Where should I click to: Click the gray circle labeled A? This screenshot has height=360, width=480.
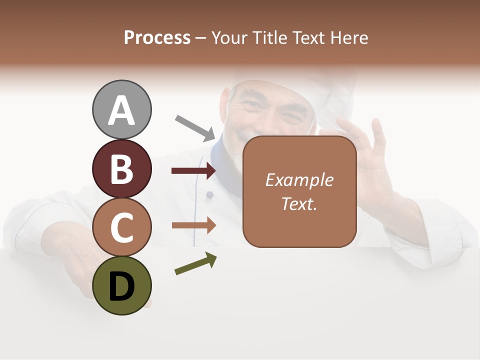click(x=121, y=109)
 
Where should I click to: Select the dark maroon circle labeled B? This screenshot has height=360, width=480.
click(x=121, y=168)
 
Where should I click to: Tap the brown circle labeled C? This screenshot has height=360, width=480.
click(x=121, y=227)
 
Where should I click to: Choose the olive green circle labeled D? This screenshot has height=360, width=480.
click(x=121, y=286)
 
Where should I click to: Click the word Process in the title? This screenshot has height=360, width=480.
click(x=157, y=37)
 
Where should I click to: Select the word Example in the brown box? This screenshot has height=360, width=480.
click(x=299, y=180)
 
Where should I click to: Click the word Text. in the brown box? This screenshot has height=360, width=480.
click(x=299, y=203)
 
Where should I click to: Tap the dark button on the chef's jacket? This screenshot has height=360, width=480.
click(x=209, y=194)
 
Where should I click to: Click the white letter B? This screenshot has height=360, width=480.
click(x=121, y=168)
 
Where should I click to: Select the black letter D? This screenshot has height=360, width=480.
click(x=121, y=286)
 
